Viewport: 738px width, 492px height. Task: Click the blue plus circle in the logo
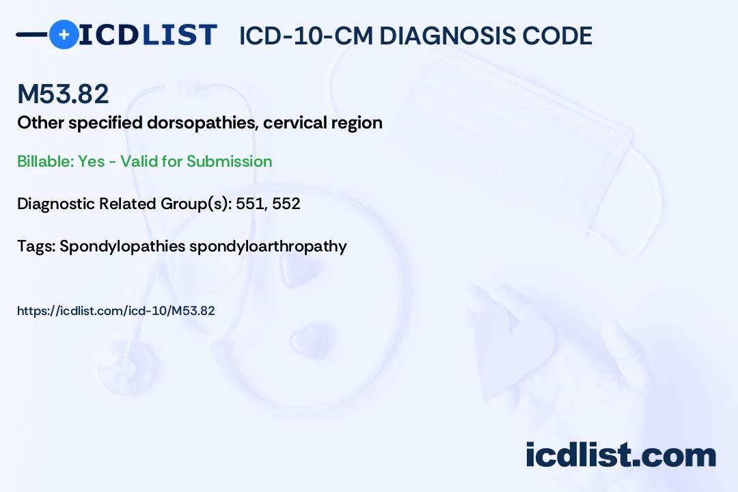tap(64, 34)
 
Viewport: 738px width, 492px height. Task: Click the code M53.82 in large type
tap(63, 94)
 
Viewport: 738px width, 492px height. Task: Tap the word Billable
tap(45, 161)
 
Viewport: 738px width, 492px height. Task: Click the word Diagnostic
tap(55, 204)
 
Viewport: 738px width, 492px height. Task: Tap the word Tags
tap(34, 246)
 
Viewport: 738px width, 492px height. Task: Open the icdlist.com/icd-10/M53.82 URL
tap(116, 311)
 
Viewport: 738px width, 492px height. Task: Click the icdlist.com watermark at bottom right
tap(620, 455)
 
